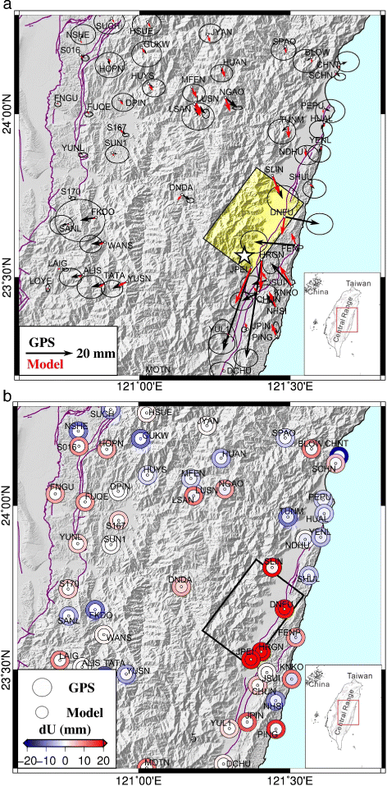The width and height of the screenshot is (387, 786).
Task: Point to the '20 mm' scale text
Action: [x=95, y=353]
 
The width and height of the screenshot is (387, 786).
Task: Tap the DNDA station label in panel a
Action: [x=180, y=188]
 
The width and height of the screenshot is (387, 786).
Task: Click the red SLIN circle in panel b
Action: [x=272, y=565]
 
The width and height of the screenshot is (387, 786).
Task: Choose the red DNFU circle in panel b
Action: [x=285, y=609]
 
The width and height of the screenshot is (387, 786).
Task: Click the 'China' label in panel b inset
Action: [x=316, y=683]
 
